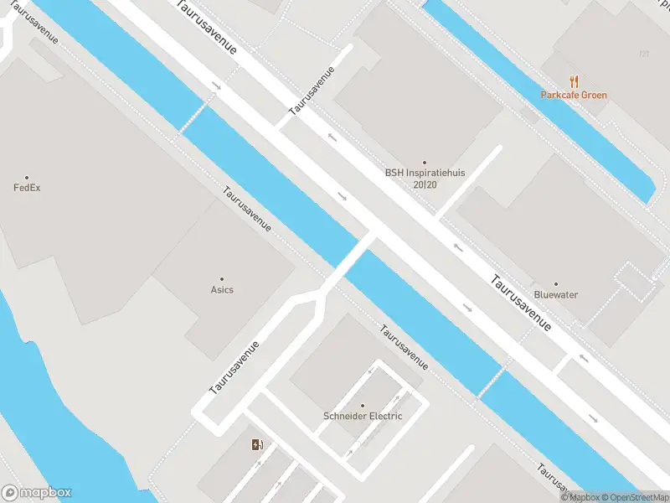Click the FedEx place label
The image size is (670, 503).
[27, 188]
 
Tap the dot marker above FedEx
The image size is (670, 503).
[27, 177]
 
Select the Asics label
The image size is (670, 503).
[222, 290]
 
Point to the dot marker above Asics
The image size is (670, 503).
[222, 279]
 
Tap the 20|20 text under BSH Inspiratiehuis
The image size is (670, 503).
[425, 184]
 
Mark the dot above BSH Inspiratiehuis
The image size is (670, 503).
[425, 163]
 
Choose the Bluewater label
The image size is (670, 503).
[556, 295]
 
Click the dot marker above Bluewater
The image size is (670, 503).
[556, 284]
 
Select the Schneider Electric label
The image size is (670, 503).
[363, 416]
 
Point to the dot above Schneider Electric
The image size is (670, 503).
[363, 406]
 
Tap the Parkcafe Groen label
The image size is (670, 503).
[574, 96]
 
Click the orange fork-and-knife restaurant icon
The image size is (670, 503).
[574, 81]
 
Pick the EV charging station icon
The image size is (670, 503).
[256, 444]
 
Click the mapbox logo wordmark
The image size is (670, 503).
[45, 493]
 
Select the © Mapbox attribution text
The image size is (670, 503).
[581, 498]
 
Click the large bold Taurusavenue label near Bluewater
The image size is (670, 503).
[521, 303]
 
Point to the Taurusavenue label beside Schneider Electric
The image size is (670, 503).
[405, 348]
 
